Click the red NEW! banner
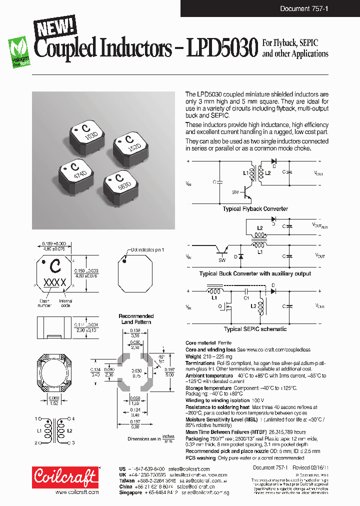tap(54, 26)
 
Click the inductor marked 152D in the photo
tap(131, 143)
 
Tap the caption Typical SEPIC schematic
tap(255, 329)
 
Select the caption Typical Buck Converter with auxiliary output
tap(255, 273)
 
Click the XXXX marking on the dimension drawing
tap(55, 283)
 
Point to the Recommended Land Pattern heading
tap(136, 319)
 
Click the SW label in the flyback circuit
tap(235, 192)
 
